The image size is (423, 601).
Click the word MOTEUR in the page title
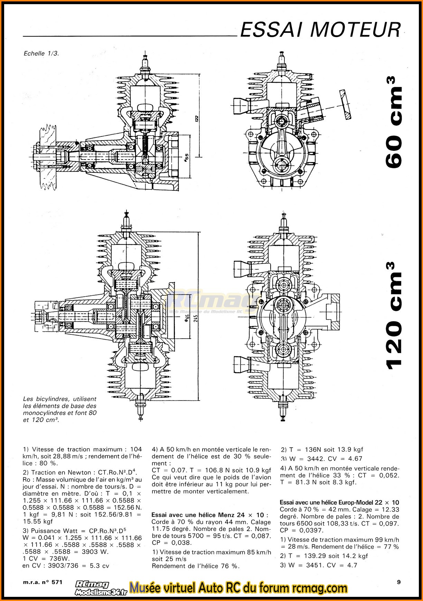(x=355, y=30)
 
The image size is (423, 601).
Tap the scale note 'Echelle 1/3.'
(x=41, y=53)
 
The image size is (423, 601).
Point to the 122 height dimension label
(x=196, y=118)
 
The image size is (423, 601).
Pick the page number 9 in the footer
(x=399, y=582)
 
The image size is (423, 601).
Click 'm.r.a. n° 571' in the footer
(x=43, y=582)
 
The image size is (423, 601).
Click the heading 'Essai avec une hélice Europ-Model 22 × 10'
(x=339, y=502)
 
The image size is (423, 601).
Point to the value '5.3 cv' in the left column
(x=99, y=566)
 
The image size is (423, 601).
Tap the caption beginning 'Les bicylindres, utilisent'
(x=60, y=409)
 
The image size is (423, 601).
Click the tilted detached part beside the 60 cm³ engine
(x=345, y=105)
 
